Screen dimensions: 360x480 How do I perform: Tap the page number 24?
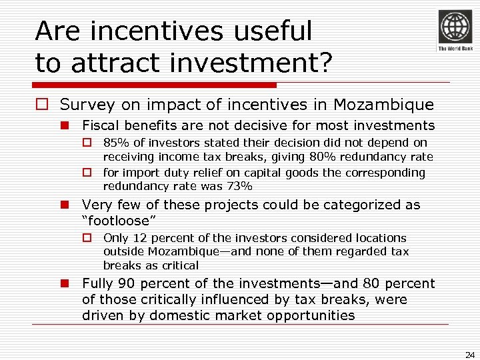point(469,355)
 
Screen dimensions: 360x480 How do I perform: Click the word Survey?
point(86,105)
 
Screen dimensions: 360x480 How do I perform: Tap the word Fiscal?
point(101,125)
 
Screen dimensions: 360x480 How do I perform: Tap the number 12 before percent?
point(138,238)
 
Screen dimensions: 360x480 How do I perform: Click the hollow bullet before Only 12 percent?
point(86,238)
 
